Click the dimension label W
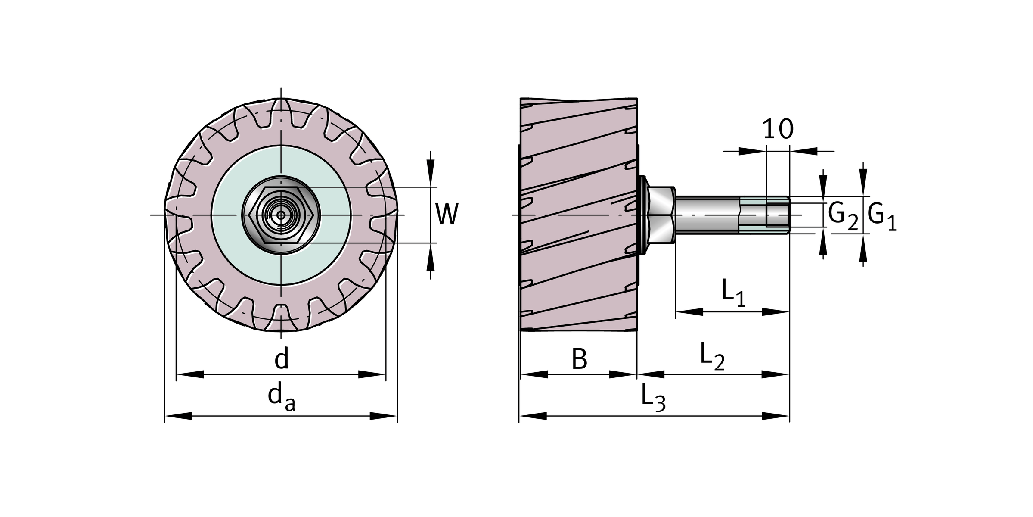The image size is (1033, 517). (x=447, y=214)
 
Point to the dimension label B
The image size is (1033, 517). (x=579, y=359)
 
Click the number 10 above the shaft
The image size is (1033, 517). (x=778, y=129)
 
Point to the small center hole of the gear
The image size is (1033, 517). (x=281, y=215)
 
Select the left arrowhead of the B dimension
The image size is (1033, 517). (x=534, y=374)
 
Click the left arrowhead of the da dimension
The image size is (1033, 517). (x=178, y=416)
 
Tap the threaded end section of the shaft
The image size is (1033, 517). (x=764, y=215)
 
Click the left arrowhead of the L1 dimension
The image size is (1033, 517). (x=689, y=311)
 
